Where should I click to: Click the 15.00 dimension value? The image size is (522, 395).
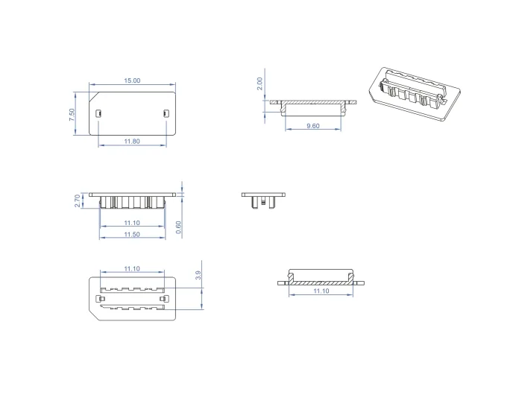pyautogui.click(x=132, y=80)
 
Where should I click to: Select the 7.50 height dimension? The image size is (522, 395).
pyautogui.click(x=72, y=115)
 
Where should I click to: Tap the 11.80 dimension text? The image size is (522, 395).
pyautogui.click(x=132, y=141)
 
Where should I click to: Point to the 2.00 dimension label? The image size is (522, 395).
pyautogui.click(x=260, y=83)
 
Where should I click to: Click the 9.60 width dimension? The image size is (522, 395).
pyautogui.click(x=313, y=126)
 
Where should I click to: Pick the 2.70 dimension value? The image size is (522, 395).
pyautogui.click(x=78, y=201)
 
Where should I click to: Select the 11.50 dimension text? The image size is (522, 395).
pyautogui.click(x=132, y=234)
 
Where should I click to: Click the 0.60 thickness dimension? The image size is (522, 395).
pyautogui.click(x=178, y=227)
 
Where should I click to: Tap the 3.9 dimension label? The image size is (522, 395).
pyautogui.click(x=198, y=275)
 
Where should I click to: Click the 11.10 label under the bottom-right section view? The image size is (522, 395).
pyautogui.click(x=321, y=291)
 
